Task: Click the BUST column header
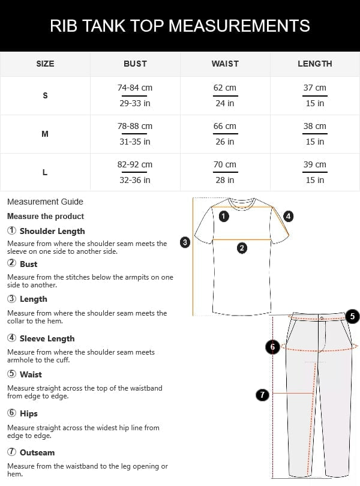(135, 64)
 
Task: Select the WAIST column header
(225, 64)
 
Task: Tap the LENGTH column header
(314, 64)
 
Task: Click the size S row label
(45, 95)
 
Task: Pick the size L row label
(45, 172)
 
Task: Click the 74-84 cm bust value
(135, 88)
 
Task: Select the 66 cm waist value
(225, 126)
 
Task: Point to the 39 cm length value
(314, 164)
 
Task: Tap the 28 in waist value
(225, 180)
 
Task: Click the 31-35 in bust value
(135, 142)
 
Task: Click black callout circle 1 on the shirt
(224, 216)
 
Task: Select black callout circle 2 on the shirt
(242, 248)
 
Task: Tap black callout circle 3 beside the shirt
(185, 242)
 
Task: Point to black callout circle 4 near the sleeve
(288, 216)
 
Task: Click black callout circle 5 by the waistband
(352, 316)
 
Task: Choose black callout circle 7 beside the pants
(262, 394)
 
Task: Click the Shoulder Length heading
(52, 231)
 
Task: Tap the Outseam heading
(37, 452)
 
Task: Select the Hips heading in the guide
(28, 413)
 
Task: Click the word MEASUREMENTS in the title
(239, 26)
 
